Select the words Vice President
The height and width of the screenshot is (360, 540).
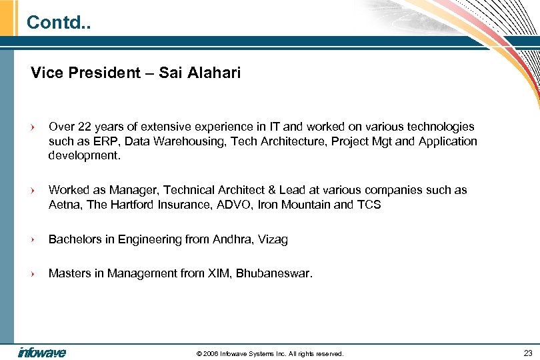[83, 73]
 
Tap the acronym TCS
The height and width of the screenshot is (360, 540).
[369, 205]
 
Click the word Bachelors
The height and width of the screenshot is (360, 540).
[75, 239]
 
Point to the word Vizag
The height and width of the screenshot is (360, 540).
[272, 239]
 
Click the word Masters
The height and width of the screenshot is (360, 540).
[70, 273]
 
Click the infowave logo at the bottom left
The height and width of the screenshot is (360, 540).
[41, 352]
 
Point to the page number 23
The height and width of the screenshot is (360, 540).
[528, 353]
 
